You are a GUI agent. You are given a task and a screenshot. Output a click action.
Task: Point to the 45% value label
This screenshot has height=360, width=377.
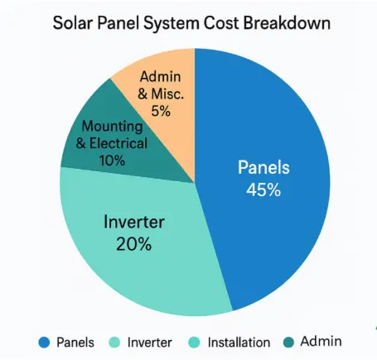click(263, 189)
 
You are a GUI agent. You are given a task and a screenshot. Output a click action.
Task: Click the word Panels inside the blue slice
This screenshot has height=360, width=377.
click(263, 168)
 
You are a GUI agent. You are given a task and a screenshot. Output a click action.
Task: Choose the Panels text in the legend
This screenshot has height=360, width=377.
click(75, 342)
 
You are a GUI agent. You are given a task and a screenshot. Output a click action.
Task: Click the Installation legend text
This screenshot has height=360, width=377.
click(238, 342)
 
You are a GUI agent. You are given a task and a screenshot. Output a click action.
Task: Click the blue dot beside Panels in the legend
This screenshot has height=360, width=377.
click(45, 342)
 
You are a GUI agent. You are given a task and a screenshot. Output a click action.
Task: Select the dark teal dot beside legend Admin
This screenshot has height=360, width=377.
click(289, 342)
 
